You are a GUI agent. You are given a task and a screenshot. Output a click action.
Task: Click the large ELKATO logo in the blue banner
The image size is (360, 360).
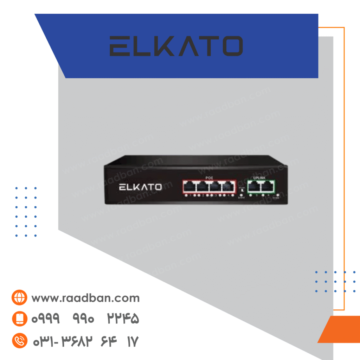coord(176,46)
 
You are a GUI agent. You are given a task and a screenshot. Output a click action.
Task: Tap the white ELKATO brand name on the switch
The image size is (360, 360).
coord(140,187)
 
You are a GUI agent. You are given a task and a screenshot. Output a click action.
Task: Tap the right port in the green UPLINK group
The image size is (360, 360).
coord(268,186)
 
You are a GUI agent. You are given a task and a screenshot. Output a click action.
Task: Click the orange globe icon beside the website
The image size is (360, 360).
coord(19,298)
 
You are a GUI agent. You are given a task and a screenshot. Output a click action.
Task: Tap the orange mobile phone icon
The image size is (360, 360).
coord(19,319)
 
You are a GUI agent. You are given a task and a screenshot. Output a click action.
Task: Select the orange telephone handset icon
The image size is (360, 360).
coord(19,340)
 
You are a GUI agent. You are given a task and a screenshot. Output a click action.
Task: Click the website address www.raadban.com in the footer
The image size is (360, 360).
coord(85,298)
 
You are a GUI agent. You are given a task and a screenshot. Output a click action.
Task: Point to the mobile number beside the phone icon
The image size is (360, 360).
coord(85,319)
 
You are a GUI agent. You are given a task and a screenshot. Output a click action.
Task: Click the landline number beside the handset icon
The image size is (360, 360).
coord(85,340)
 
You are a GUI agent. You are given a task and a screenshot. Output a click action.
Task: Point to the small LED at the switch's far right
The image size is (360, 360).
coord(278,195)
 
